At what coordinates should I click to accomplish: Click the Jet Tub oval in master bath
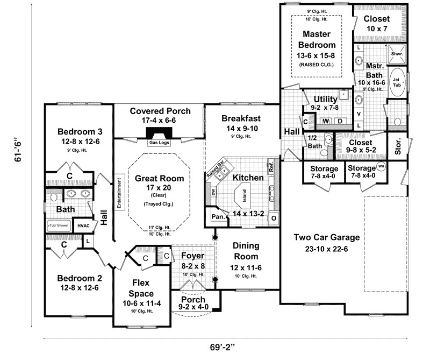[x=398, y=82]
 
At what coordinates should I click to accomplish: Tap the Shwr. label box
[x=397, y=54]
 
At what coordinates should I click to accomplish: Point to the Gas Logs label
[x=158, y=143]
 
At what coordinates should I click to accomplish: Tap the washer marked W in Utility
[x=325, y=122]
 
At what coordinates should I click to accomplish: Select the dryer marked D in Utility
[x=339, y=122]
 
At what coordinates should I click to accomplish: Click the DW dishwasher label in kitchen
[x=213, y=192]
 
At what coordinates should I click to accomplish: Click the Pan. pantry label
[x=218, y=217]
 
